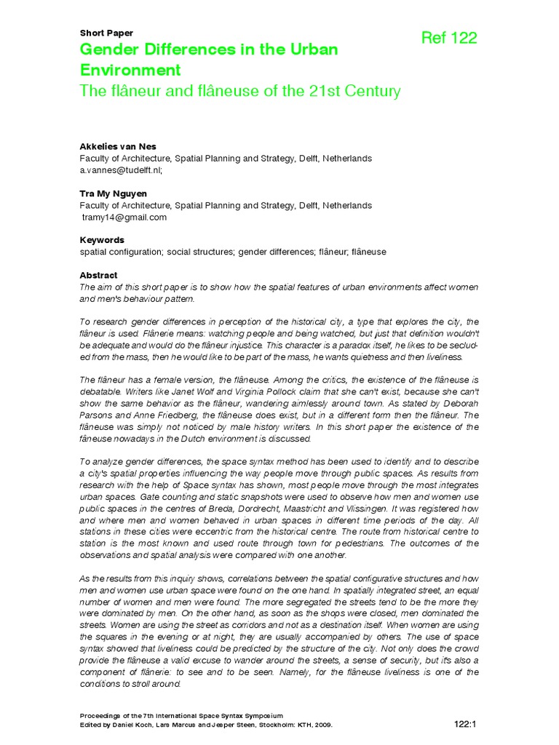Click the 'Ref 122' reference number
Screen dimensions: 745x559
pyautogui.click(x=449, y=39)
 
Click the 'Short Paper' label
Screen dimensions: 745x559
pyautogui.click(x=106, y=33)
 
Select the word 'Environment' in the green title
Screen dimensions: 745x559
pyautogui.click(x=130, y=71)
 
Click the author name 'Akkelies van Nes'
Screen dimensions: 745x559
pyautogui.click(x=118, y=146)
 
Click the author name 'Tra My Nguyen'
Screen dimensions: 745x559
pyautogui.click(x=112, y=194)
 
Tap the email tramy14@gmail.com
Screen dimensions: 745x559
pyautogui.click(x=124, y=217)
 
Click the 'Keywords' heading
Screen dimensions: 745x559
pyautogui.click(x=101, y=240)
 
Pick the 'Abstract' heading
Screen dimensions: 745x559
pyautogui.click(x=98, y=276)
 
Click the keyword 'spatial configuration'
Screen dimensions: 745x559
pyautogui.click(x=121, y=252)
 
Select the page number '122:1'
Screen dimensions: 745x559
pyautogui.click(x=464, y=724)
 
